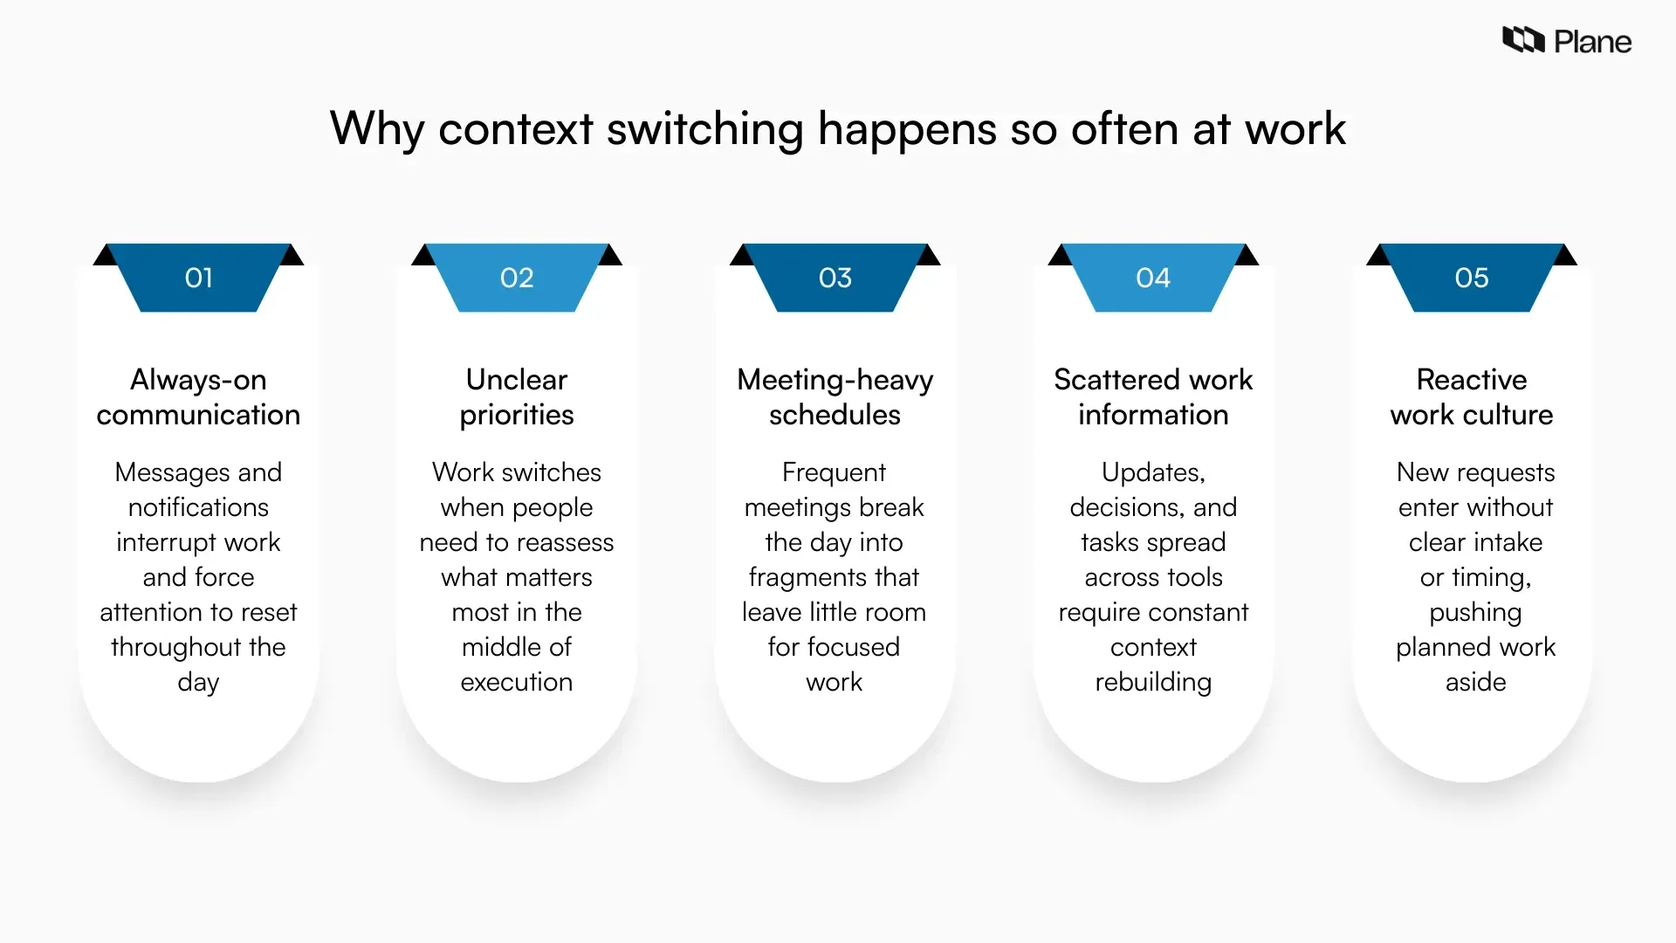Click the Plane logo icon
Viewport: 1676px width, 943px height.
[1523, 40]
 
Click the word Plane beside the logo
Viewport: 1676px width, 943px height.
[1592, 42]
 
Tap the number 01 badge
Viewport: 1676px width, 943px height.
[199, 278]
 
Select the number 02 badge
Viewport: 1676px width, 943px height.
[517, 278]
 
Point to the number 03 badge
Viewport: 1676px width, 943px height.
[835, 278]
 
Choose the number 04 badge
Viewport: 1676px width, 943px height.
[1153, 278]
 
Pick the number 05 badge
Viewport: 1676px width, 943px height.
[1472, 278]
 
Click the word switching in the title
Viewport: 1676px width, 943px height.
[704, 129]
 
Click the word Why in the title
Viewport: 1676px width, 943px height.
[376, 129]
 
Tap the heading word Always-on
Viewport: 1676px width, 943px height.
[198, 380]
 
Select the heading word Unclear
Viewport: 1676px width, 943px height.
[517, 380]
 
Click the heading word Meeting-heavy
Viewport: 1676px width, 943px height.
[835, 380]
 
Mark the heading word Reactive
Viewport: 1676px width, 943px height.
[1472, 380]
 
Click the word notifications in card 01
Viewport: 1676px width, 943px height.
[198, 507]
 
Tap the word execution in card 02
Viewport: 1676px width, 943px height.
[517, 682]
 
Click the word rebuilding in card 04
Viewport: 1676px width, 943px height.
[1153, 682]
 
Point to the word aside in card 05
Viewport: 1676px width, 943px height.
[1475, 682]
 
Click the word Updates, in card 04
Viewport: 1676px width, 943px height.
[1153, 472]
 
